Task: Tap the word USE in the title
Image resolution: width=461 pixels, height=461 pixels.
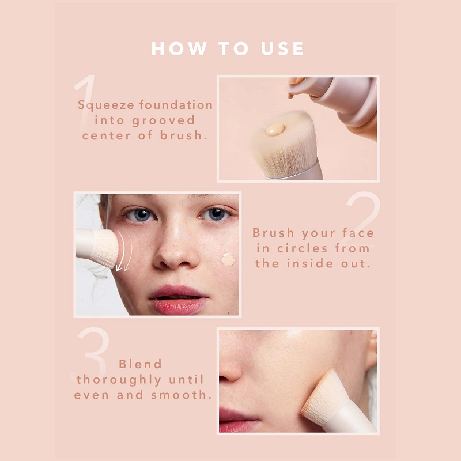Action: click(x=282, y=48)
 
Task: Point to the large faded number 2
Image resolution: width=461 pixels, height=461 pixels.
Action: click(x=364, y=219)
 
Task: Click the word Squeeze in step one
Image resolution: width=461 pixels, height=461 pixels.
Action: click(x=106, y=105)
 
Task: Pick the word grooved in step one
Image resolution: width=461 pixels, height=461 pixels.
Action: click(x=164, y=121)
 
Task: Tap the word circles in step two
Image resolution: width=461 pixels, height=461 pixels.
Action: click(x=303, y=248)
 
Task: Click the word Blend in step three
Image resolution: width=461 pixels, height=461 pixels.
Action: click(x=140, y=364)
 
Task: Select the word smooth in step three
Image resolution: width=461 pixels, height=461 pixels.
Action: click(x=182, y=395)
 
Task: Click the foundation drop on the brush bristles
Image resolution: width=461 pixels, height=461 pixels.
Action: click(x=275, y=129)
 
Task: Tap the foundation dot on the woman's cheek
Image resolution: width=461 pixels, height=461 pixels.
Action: click(x=228, y=260)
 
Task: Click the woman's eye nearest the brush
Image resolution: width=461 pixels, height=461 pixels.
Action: click(x=141, y=215)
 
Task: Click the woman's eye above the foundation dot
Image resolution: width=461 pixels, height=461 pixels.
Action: click(x=216, y=214)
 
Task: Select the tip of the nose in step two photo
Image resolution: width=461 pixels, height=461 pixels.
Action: click(x=176, y=259)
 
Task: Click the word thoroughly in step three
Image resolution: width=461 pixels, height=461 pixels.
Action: click(x=119, y=380)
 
